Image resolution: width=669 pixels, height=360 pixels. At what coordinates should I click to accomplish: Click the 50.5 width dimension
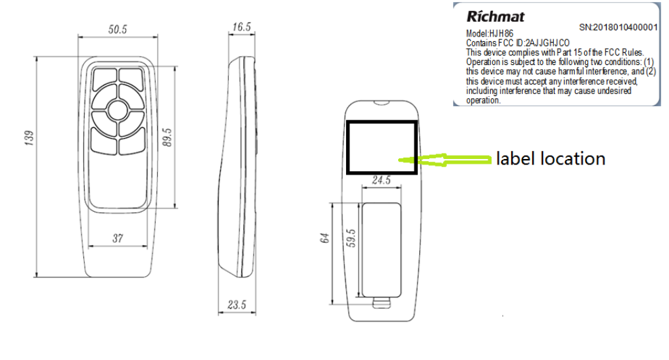117,29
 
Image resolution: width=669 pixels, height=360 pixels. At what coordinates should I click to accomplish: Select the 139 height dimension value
29,138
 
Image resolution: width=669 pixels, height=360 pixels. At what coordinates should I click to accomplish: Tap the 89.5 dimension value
167,137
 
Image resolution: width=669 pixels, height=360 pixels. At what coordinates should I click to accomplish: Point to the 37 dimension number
118,238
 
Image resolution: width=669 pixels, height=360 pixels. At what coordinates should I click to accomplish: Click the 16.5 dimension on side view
242,27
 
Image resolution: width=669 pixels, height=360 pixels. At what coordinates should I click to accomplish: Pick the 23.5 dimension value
237,305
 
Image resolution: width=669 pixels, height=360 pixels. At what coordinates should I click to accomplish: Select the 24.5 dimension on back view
381,180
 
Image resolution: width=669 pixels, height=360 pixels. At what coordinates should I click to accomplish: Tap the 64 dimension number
324,238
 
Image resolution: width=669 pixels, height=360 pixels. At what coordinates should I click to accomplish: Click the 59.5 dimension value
351,238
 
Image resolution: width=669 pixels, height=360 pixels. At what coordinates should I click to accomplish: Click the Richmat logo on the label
496,16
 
